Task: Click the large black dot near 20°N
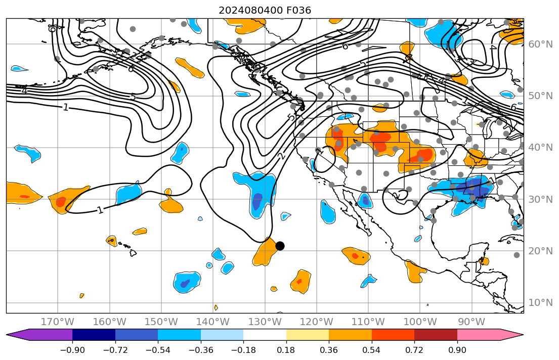[x=280, y=246]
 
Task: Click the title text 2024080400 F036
[x=265, y=10]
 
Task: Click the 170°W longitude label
[x=57, y=322]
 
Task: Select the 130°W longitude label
[x=265, y=322]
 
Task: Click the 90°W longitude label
[x=471, y=322]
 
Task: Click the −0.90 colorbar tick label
[x=72, y=350]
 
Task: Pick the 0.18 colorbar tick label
[x=286, y=350]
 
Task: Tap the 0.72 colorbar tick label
[x=414, y=350]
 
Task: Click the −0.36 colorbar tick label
[x=201, y=350]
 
